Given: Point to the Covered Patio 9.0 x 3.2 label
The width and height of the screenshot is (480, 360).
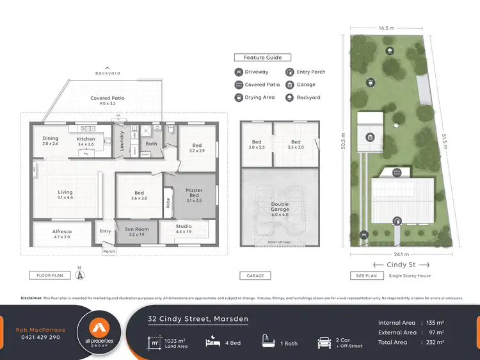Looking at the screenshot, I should [108, 101].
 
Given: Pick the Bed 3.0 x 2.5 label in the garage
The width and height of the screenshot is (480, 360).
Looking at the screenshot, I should [256, 144].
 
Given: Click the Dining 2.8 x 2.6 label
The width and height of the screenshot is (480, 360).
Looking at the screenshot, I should [51, 141].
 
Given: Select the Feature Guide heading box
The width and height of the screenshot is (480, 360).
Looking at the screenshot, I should [263, 58].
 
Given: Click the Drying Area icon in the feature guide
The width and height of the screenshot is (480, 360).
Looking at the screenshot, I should [239, 97].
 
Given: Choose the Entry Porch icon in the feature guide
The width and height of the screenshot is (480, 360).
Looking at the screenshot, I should [291, 72].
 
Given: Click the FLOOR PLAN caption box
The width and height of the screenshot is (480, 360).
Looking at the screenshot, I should [49, 275].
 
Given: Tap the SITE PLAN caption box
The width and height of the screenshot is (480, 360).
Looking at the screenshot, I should [367, 275].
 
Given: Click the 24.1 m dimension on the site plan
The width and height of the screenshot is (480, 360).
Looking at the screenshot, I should [390, 253].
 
